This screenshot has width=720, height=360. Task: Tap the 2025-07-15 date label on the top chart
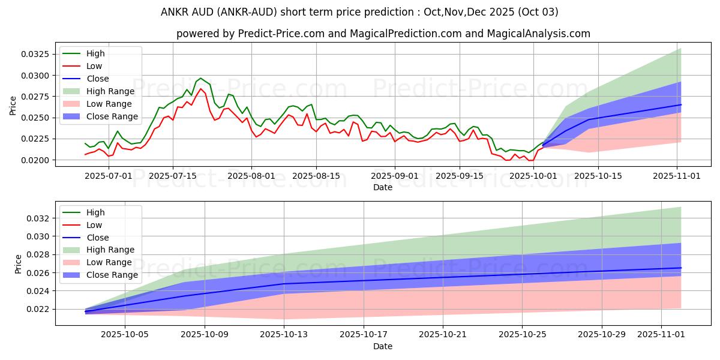click(173, 176)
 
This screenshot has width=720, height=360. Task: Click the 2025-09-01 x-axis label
click(395, 176)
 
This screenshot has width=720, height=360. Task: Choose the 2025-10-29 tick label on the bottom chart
click(602, 335)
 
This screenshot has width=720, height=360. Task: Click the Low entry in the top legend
click(94, 66)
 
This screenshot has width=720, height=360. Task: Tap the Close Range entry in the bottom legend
click(112, 275)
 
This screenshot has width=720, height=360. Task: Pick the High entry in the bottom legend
click(95, 212)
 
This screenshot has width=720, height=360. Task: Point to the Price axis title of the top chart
click(13, 106)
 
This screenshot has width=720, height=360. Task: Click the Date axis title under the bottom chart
click(383, 346)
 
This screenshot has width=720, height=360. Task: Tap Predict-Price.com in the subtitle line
click(282, 34)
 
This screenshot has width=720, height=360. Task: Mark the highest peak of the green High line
click(200, 78)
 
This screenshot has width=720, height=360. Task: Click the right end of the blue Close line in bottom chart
click(681, 268)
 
